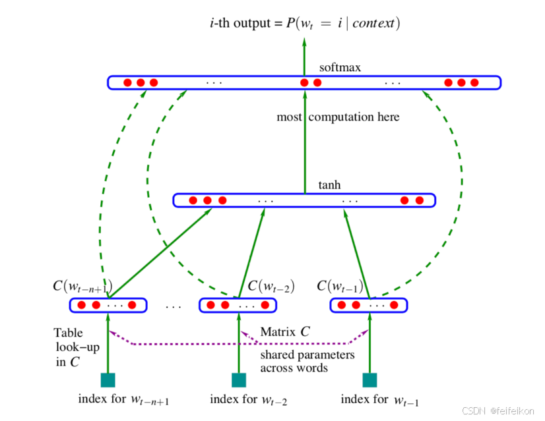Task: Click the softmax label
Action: click(340, 67)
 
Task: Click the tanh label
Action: click(329, 185)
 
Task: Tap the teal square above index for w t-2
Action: click(239, 380)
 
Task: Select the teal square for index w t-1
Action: click(370, 380)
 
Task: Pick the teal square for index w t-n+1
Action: click(108, 380)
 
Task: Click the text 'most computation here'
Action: click(338, 117)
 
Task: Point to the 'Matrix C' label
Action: click(284, 332)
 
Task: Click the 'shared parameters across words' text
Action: click(307, 361)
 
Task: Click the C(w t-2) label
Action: click(271, 287)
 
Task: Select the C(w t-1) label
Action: click(340, 287)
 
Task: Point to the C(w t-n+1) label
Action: click(82, 287)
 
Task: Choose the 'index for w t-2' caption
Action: click(248, 399)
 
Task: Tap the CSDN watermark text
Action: click(497, 410)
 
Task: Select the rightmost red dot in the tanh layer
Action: click(419, 200)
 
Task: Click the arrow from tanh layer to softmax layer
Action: click(305, 142)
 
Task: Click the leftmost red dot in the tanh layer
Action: click(193, 200)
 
